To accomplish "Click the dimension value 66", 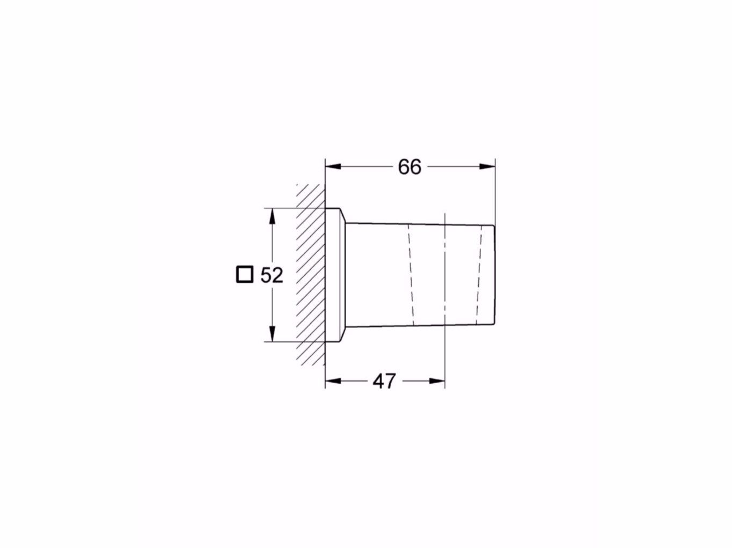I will (x=410, y=167).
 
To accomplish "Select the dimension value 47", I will (x=384, y=381).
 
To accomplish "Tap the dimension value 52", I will (x=271, y=275).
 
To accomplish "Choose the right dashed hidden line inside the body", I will (x=477, y=275).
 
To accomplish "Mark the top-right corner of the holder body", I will (x=494, y=226).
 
